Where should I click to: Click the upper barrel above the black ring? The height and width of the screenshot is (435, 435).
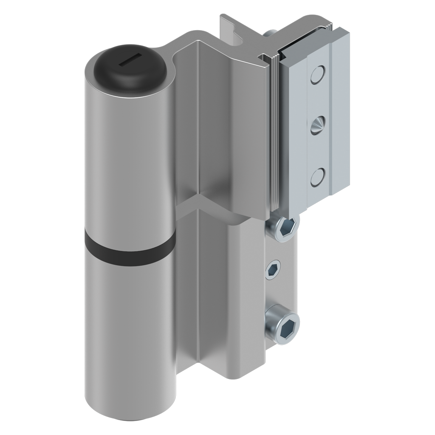127,161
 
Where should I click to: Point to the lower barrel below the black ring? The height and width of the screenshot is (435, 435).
130,340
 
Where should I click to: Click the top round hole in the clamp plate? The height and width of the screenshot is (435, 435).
318,75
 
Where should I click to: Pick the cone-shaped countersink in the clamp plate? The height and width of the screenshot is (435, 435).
316,125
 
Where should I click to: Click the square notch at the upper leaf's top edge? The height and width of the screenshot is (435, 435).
265,56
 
